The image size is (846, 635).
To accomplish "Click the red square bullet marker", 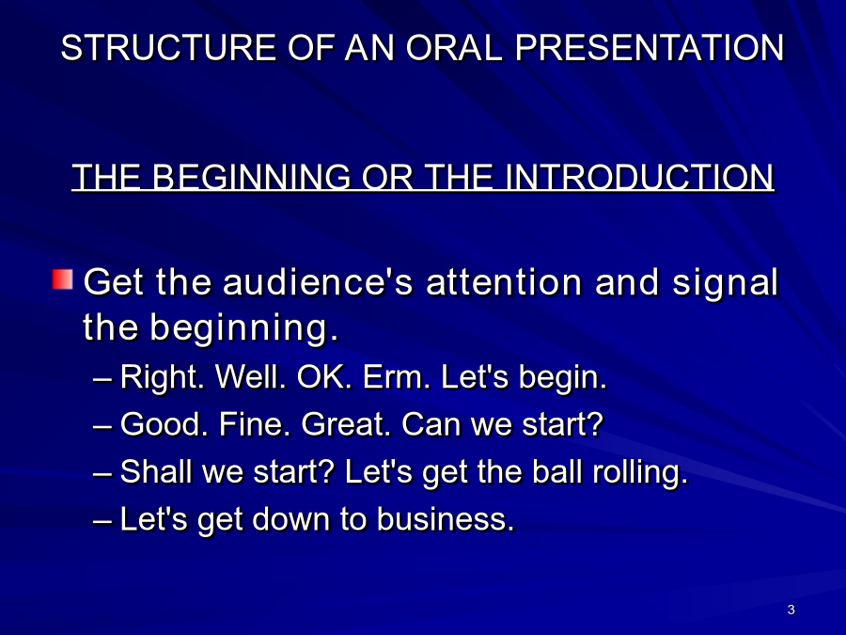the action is [63, 279].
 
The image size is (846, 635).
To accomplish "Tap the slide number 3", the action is [791, 610].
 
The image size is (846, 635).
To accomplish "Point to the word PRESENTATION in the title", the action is [649, 48].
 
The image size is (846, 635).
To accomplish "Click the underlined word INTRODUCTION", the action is [639, 177].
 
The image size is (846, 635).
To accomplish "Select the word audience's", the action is [319, 282].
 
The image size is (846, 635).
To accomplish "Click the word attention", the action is [504, 282].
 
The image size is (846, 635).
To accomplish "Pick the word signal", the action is [725, 283].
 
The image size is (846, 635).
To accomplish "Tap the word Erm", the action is [397, 376].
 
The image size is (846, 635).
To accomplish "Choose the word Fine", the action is [251, 424].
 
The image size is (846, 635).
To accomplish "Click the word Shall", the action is [155, 471].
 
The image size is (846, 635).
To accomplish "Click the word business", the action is [446, 519].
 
